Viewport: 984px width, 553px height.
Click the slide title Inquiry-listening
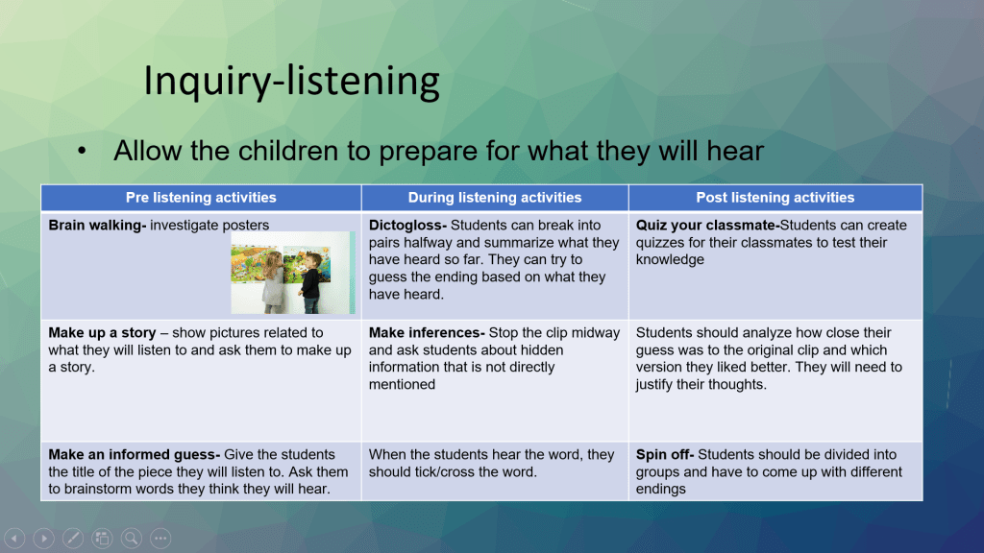[x=291, y=82]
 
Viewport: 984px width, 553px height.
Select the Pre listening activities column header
[x=201, y=198]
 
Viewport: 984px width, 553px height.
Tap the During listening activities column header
[x=495, y=198]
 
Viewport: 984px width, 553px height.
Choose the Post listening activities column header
[x=775, y=198]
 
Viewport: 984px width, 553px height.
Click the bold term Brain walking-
[x=97, y=225]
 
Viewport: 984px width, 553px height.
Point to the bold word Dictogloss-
[x=407, y=225]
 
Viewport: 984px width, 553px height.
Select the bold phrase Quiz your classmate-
[x=708, y=225]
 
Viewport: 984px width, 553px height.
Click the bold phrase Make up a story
[x=102, y=333]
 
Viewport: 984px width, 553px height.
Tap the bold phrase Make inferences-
[x=427, y=333]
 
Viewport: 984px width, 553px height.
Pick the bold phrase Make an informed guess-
[x=135, y=454]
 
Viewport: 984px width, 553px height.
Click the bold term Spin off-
[x=665, y=454]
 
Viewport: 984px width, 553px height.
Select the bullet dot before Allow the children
[x=82, y=151]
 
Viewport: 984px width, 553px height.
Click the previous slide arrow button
[x=14, y=538]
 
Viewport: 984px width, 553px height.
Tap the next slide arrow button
[x=44, y=538]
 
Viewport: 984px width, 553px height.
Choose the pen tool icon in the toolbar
[x=73, y=538]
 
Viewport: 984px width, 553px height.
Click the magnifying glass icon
[x=131, y=538]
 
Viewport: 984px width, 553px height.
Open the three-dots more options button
[x=160, y=538]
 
